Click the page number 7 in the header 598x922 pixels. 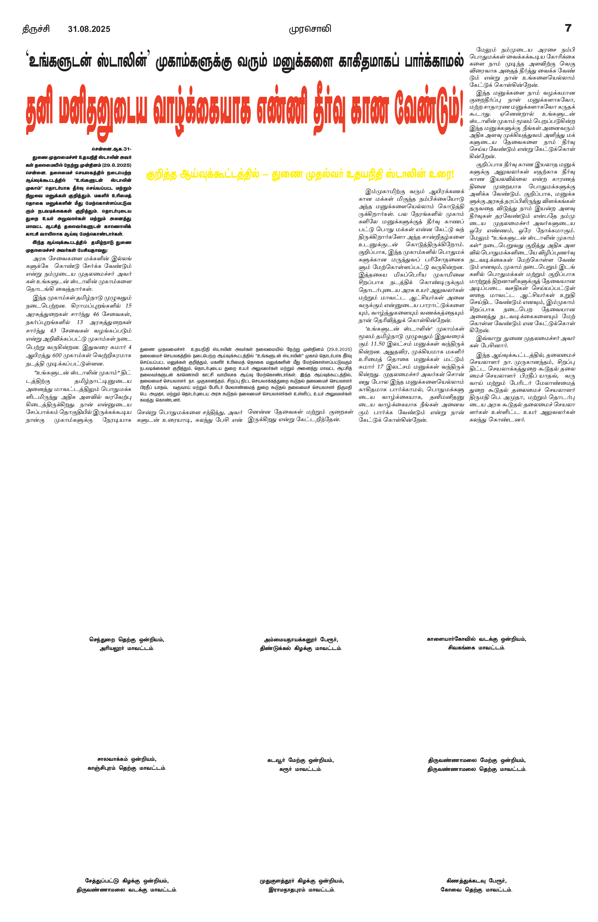[568, 28]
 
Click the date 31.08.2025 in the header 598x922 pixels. [89, 29]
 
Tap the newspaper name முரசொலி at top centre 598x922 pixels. [310, 29]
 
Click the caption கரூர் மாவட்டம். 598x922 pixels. [300, 769]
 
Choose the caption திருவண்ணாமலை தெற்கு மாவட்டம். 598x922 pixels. [477, 769]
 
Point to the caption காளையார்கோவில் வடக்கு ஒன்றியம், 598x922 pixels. [476, 639]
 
